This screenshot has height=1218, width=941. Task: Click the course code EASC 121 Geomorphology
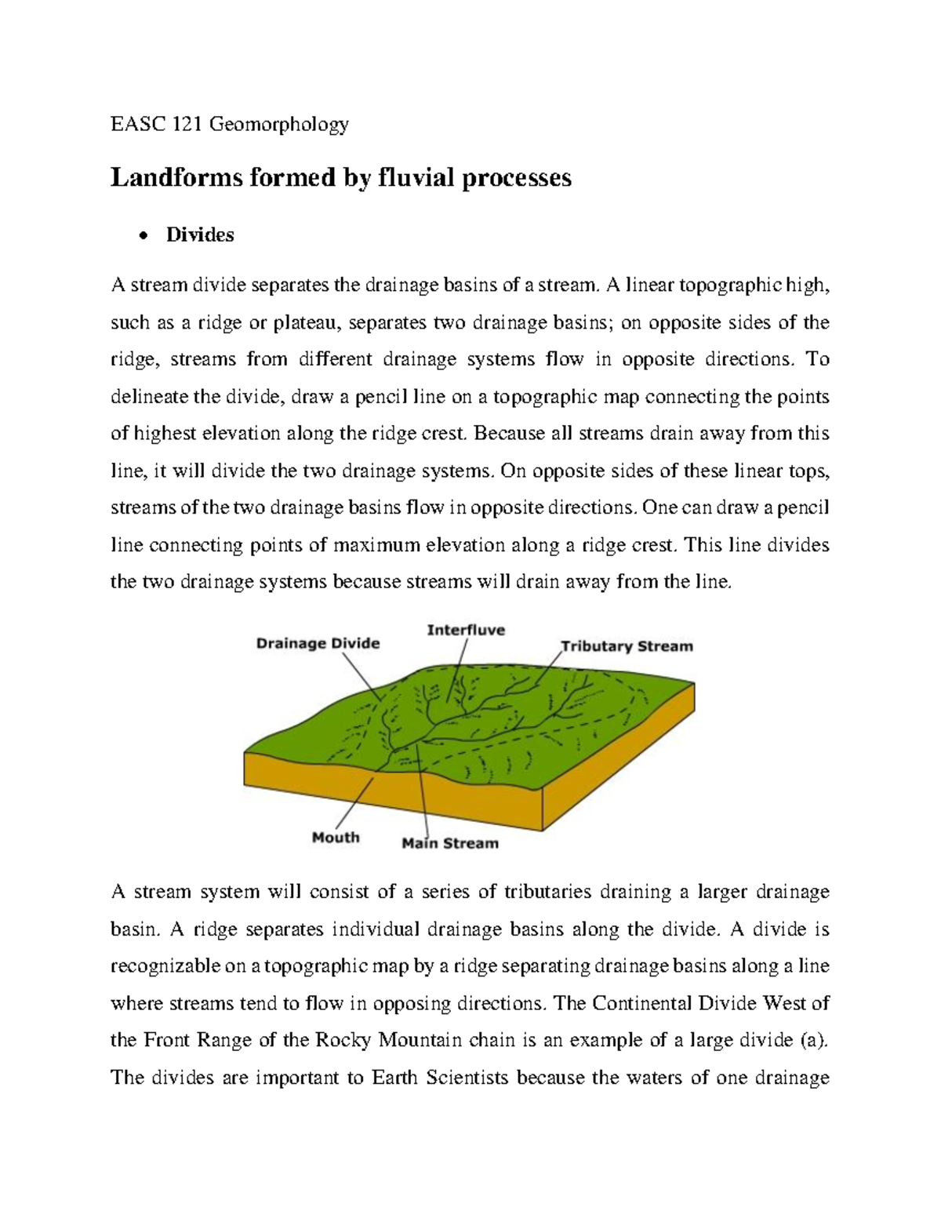pyautogui.click(x=229, y=124)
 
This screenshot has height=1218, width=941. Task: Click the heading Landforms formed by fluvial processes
pyautogui.click(x=341, y=178)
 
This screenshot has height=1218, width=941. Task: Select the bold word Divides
pyautogui.click(x=200, y=235)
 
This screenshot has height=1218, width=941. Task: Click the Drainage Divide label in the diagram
pyautogui.click(x=318, y=643)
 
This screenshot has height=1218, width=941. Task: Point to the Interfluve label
pyautogui.click(x=466, y=630)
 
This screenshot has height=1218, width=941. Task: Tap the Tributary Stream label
pyautogui.click(x=627, y=646)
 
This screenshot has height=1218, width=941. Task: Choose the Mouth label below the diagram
pyautogui.click(x=336, y=837)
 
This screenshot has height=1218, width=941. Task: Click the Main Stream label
pyautogui.click(x=450, y=843)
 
